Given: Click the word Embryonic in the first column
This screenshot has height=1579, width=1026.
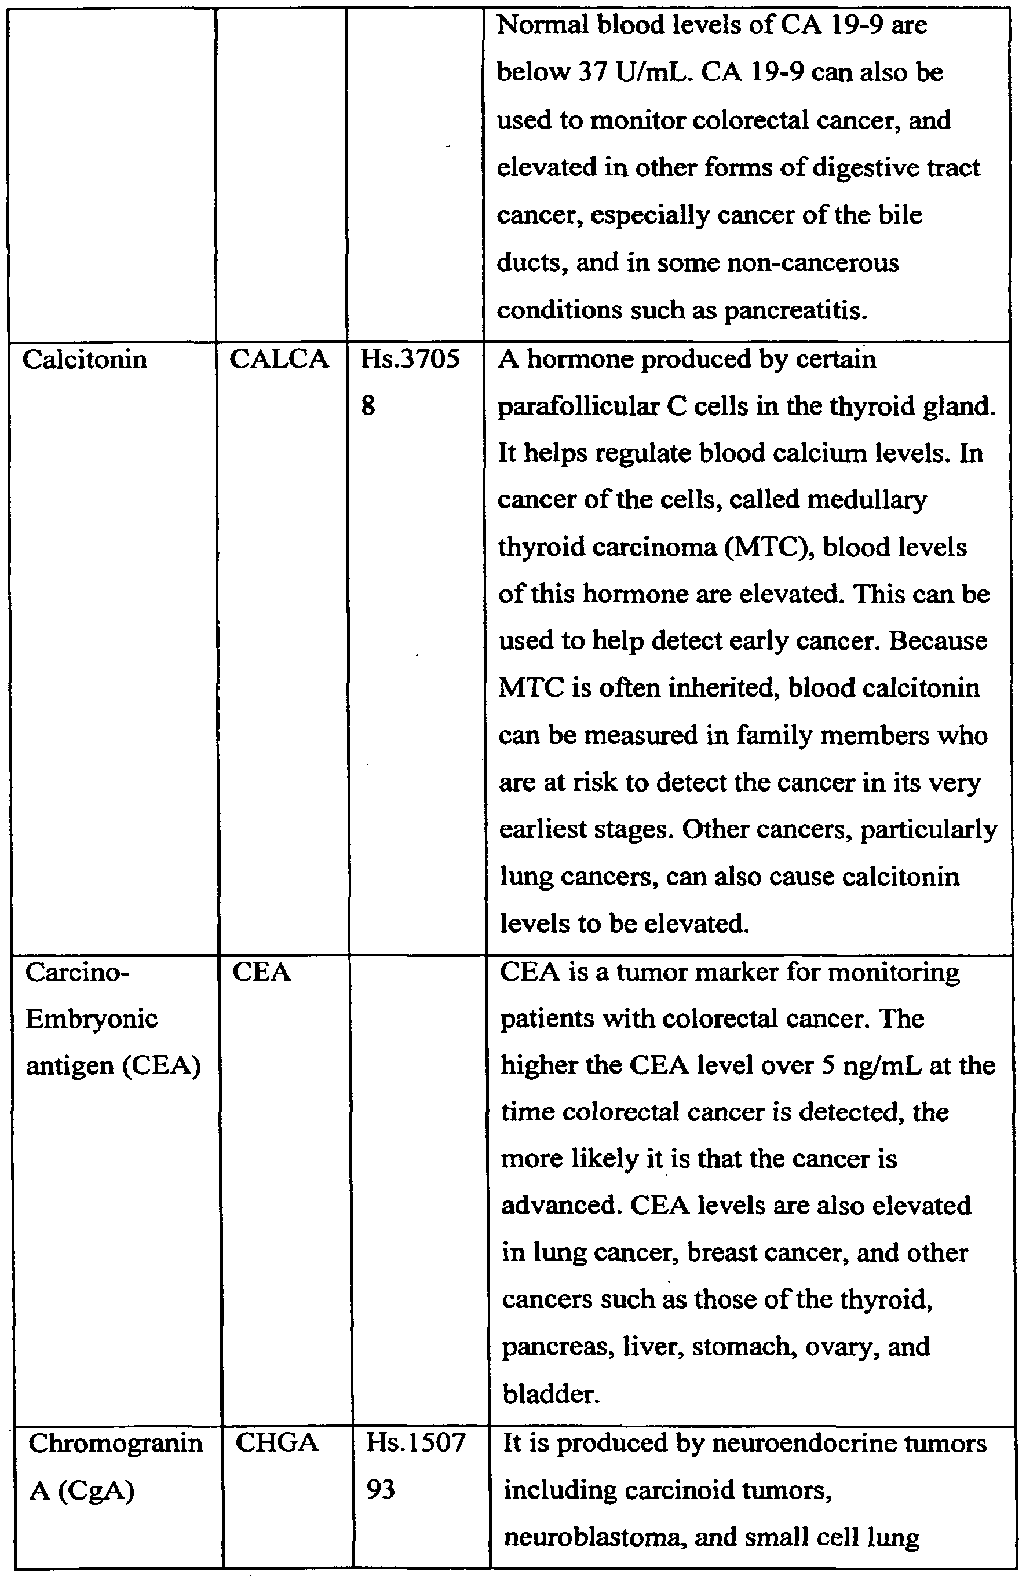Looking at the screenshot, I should [92, 1019].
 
